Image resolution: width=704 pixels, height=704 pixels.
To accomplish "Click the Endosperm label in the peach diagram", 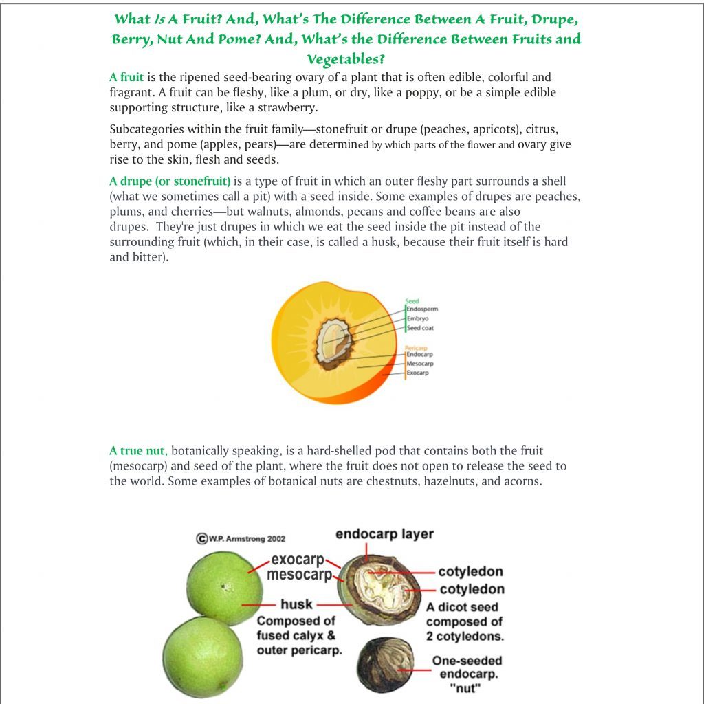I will pos(422,309).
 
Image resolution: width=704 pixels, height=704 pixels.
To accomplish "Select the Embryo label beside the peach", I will pos(418,318).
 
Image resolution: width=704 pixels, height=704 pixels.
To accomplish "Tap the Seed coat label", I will pos(420,328).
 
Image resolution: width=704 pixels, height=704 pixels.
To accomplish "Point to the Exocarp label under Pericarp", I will pos(417,373).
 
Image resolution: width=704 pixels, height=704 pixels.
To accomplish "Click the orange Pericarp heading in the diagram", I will pos(416,348).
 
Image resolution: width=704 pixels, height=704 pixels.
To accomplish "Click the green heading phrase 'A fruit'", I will pos(126,78).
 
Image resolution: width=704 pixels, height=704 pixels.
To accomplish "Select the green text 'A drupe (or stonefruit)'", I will pos(170,181).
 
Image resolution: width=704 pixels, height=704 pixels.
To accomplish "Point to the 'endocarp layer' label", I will pos(384,535).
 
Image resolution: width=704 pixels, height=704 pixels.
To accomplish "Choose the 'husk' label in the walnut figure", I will pos(296,605).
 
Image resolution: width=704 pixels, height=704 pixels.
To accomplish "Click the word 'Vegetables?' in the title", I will pos(346,60).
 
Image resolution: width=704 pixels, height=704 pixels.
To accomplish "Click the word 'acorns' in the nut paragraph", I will pos(522,481).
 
